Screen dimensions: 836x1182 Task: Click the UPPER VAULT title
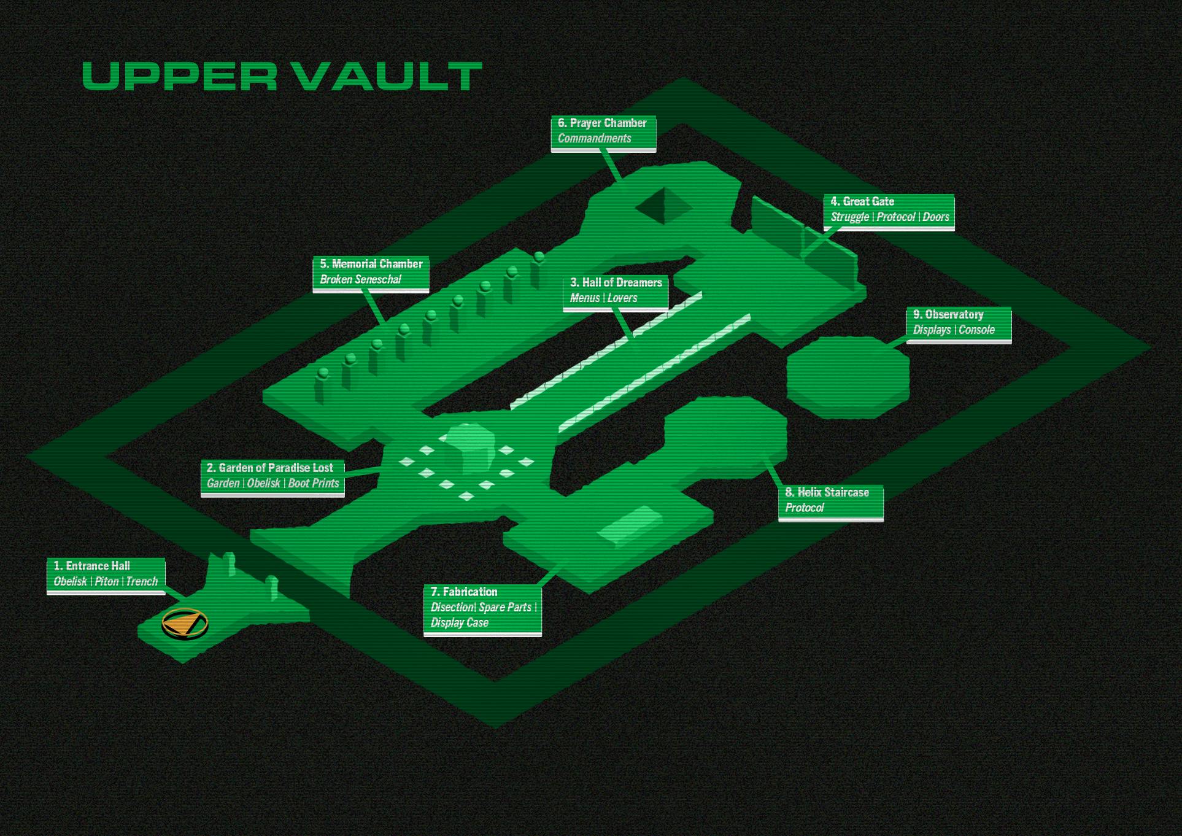282,76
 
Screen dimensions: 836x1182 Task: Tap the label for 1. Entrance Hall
106,574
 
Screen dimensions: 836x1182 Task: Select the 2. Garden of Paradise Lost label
272,476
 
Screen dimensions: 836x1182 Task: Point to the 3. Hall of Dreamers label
616,290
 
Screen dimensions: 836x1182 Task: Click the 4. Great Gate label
889,209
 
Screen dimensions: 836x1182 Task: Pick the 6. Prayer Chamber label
603,131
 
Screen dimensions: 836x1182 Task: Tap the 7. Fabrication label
482,607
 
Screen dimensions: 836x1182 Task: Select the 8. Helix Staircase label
830,500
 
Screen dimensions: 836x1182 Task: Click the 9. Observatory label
959,322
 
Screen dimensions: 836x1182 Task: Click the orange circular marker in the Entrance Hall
185,624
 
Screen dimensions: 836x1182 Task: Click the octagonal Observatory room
847,377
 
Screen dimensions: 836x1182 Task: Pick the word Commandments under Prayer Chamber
594,139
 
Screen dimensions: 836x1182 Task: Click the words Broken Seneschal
360,280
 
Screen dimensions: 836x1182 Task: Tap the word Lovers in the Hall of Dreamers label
622,298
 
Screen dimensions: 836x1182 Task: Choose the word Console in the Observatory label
976,330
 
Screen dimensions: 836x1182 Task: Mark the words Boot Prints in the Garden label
314,484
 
